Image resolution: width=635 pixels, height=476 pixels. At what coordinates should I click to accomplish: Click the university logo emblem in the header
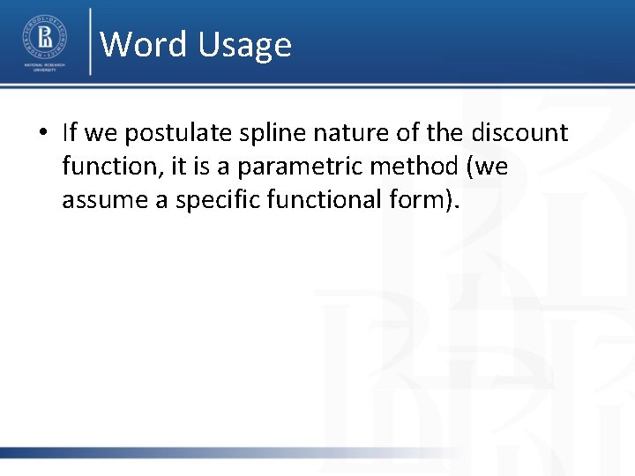(x=43, y=35)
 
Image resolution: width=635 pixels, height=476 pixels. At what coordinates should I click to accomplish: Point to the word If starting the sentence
(x=71, y=133)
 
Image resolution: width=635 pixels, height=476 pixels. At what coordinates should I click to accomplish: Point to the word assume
(x=97, y=200)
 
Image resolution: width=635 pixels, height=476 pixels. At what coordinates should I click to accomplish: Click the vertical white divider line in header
(x=90, y=41)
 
